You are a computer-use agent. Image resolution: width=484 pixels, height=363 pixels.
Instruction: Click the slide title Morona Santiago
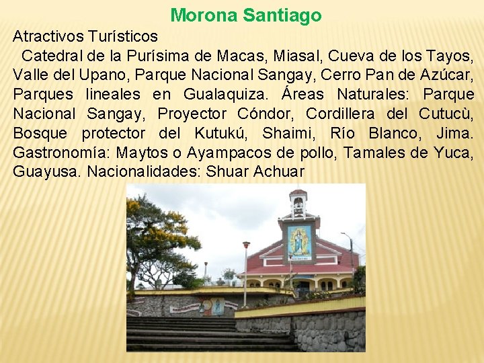pyautogui.click(x=246, y=15)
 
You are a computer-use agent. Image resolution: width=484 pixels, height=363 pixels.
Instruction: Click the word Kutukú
pyautogui.click(x=219, y=133)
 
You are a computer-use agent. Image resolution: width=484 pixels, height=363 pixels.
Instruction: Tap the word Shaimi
pyautogui.click(x=287, y=133)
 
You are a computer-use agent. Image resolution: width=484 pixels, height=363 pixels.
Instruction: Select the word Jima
pyautogui.click(x=454, y=133)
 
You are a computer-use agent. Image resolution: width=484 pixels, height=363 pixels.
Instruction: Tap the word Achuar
pyautogui.click(x=279, y=172)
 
